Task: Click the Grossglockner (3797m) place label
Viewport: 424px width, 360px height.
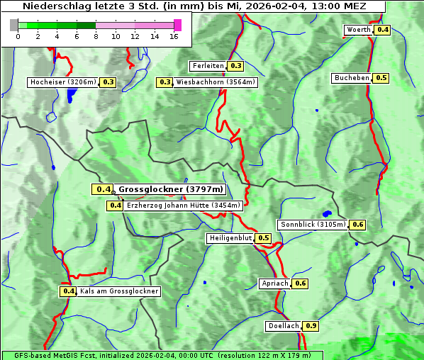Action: [171, 189]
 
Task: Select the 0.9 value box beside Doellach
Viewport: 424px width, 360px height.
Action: [311, 327]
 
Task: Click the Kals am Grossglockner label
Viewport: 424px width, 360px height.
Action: [119, 291]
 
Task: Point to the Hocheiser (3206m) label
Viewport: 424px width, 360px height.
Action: [62, 82]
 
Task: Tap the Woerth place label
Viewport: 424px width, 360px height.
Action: [358, 30]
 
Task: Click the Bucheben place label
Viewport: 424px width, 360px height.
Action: [352, 78]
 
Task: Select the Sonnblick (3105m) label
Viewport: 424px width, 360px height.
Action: [313, 225]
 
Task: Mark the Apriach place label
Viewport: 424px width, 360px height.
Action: [275, 283]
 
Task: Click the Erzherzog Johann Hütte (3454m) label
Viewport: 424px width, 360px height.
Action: [184, 206]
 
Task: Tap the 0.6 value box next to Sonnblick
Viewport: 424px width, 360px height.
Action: [358, 225]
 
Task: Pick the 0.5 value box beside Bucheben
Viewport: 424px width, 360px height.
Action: [381, 78]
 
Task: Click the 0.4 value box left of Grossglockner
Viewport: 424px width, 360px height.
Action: [103, 189]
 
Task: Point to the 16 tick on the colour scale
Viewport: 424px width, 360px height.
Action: [174, 36]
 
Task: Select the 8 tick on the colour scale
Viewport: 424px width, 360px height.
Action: [96, 36]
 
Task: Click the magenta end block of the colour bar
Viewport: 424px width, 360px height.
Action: [177, 25]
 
